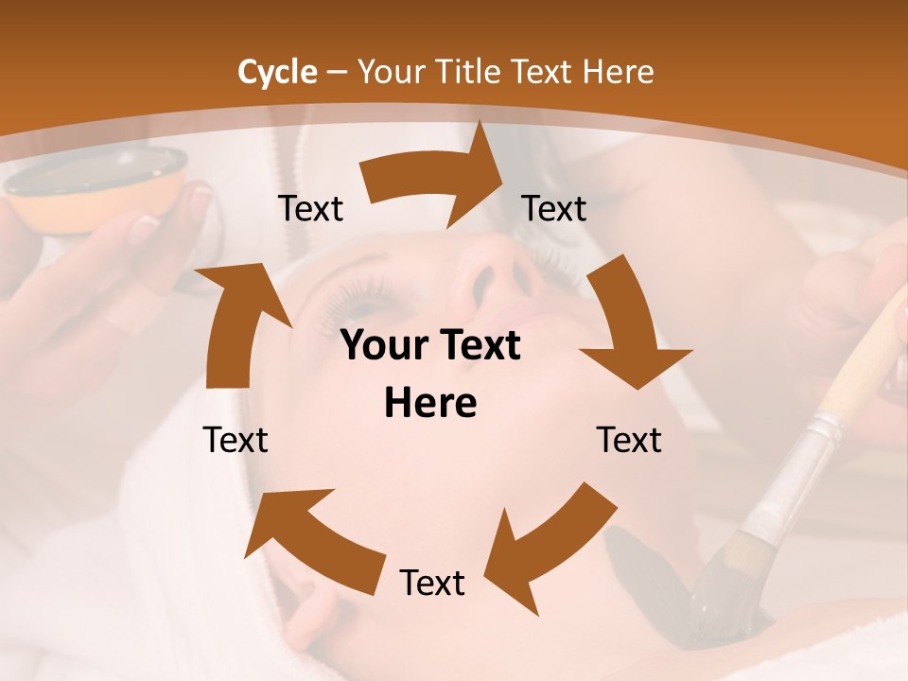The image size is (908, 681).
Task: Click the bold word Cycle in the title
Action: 276,72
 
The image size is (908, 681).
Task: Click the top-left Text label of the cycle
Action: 310,209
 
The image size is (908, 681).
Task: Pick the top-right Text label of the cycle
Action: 554,209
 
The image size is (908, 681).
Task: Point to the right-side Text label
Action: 629,440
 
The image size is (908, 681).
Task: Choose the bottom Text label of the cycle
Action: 432,584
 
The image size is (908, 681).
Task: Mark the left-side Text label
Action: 236,440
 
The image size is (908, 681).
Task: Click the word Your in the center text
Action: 382,346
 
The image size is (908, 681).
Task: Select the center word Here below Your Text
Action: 430,404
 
